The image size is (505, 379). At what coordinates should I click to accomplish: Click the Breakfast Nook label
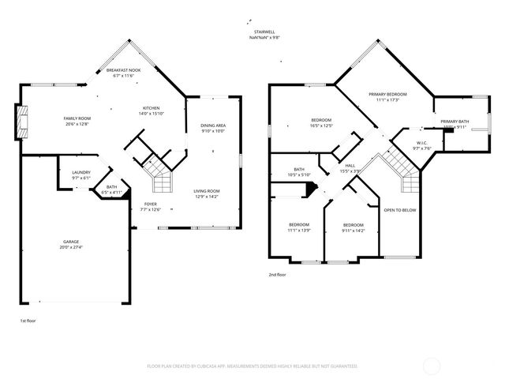tap(125, 70)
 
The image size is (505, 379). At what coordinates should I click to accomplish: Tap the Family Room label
tap(77, 118)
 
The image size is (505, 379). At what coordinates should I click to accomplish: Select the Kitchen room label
tap(151, 108)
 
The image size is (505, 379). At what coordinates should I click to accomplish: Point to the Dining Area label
tap(212, 126)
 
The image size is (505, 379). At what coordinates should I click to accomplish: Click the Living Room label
tap(207, 191)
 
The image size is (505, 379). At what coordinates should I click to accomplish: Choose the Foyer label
tap(150, 204)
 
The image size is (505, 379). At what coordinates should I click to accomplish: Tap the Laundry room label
tap(80, 172)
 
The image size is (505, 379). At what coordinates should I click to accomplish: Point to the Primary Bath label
tap(454, 122)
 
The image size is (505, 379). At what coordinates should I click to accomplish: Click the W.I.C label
tap(421, 143)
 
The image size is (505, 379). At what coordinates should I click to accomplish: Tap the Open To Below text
tap(400, 210)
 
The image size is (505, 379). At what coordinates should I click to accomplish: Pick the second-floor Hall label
tap(350, 166)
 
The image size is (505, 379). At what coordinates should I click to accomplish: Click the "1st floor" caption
tap(28, 321)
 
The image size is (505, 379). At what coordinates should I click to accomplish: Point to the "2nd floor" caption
tap(278, 275)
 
